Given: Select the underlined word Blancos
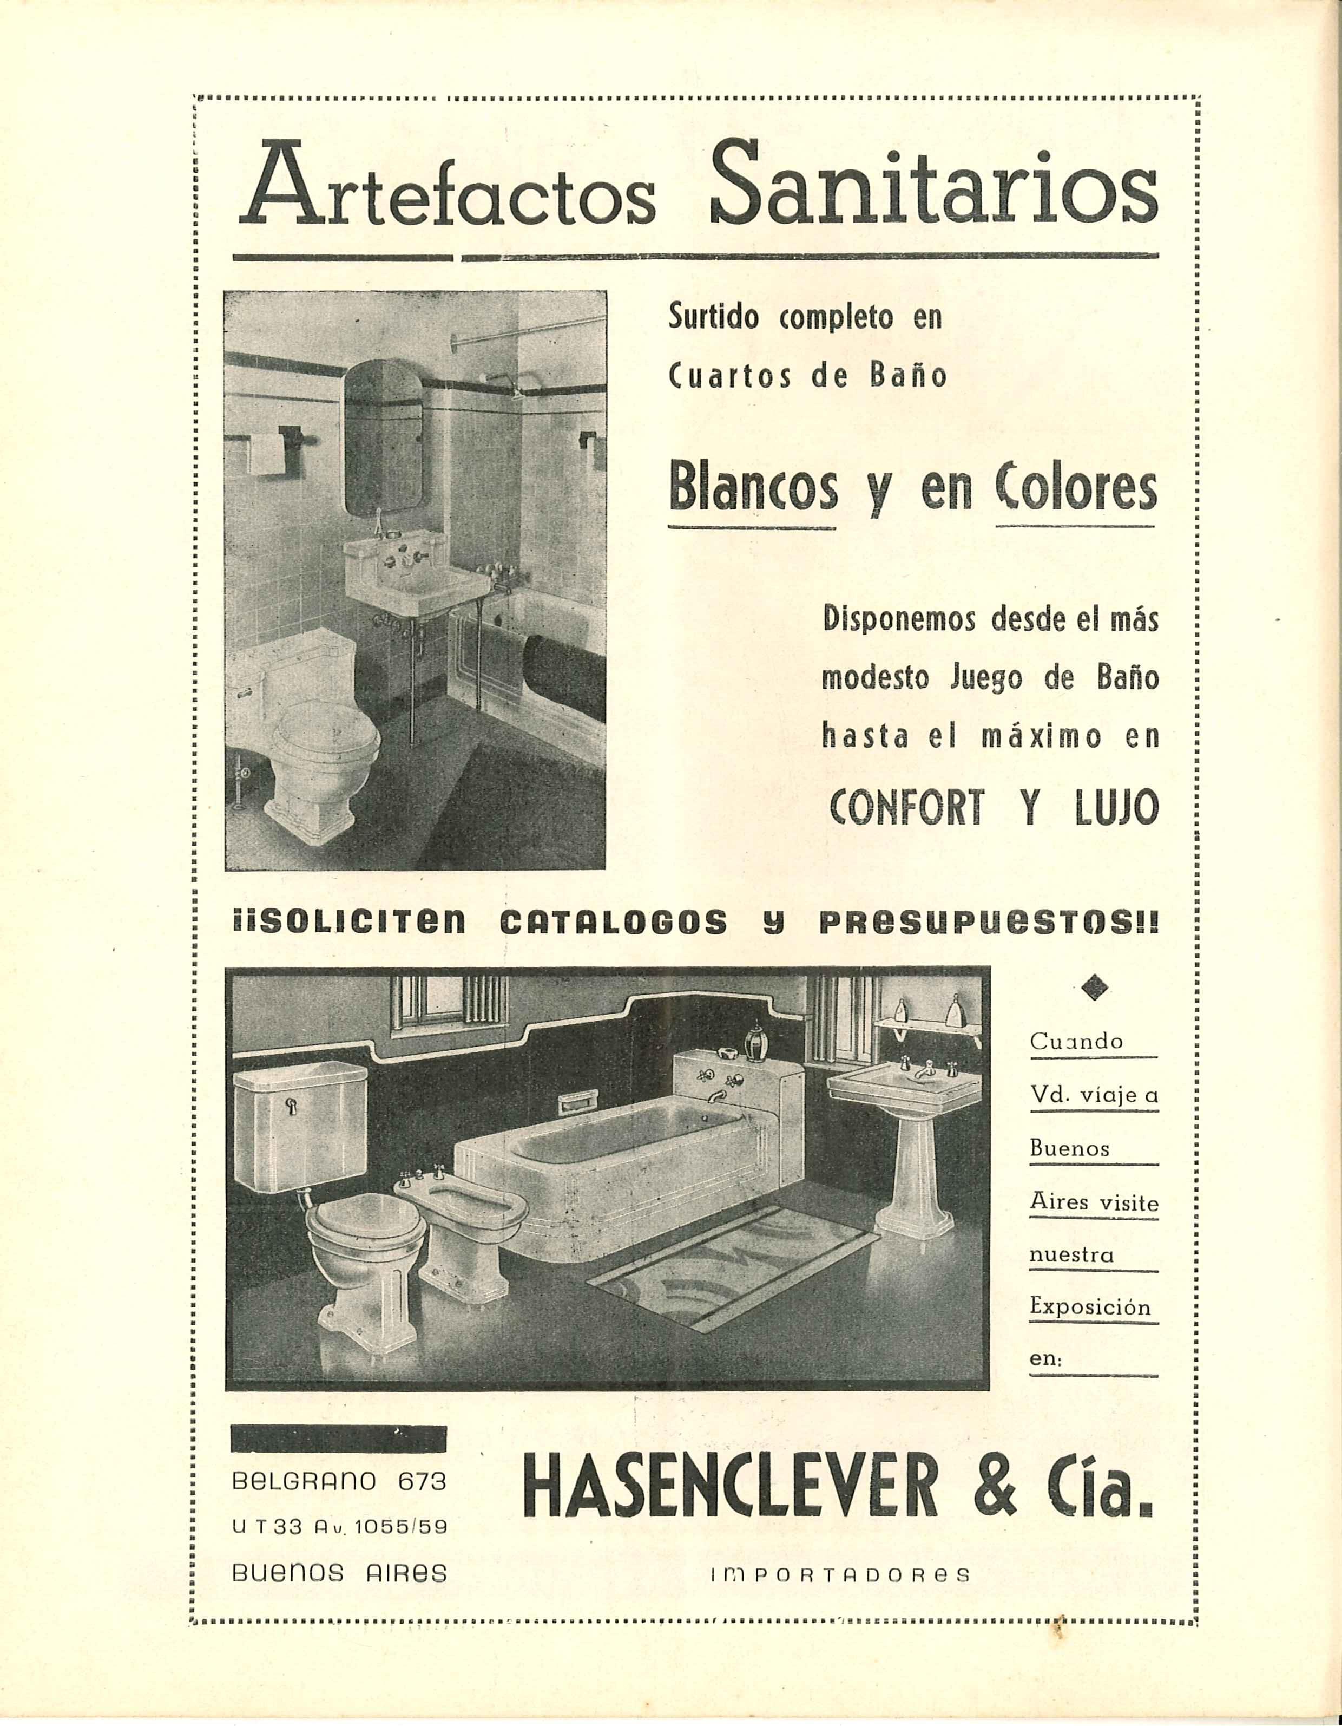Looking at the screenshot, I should coord(752,489).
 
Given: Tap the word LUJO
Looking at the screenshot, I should coord(1108,806).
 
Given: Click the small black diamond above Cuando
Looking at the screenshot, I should coord(1093,986).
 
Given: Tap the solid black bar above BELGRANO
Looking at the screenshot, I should coord(338,1439).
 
